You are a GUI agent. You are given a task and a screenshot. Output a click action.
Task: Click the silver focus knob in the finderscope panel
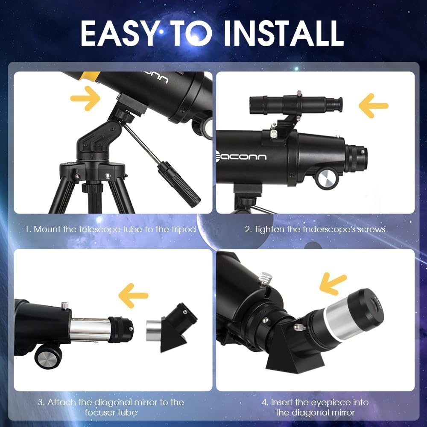tap(327, 178)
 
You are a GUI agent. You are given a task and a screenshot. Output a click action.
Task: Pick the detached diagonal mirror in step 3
tap(172, 327)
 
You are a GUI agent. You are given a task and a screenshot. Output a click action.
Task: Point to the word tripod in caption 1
tap(183, 229)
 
